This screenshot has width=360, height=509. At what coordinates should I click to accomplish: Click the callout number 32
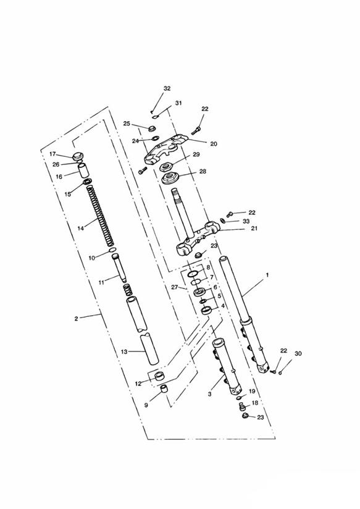[x=167, y=88]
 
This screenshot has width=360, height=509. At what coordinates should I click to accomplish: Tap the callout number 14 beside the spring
[x=80, y=228]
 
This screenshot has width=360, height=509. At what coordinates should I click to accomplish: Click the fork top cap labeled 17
[x=77, y=156]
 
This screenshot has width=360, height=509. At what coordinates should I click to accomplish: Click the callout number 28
[x=203, y=171]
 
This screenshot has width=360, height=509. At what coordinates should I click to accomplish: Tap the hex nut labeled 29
[x=167, y=167]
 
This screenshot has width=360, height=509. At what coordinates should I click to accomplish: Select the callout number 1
[x=267, y=275]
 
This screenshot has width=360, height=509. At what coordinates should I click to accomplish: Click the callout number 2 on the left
[x=76, y=319]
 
